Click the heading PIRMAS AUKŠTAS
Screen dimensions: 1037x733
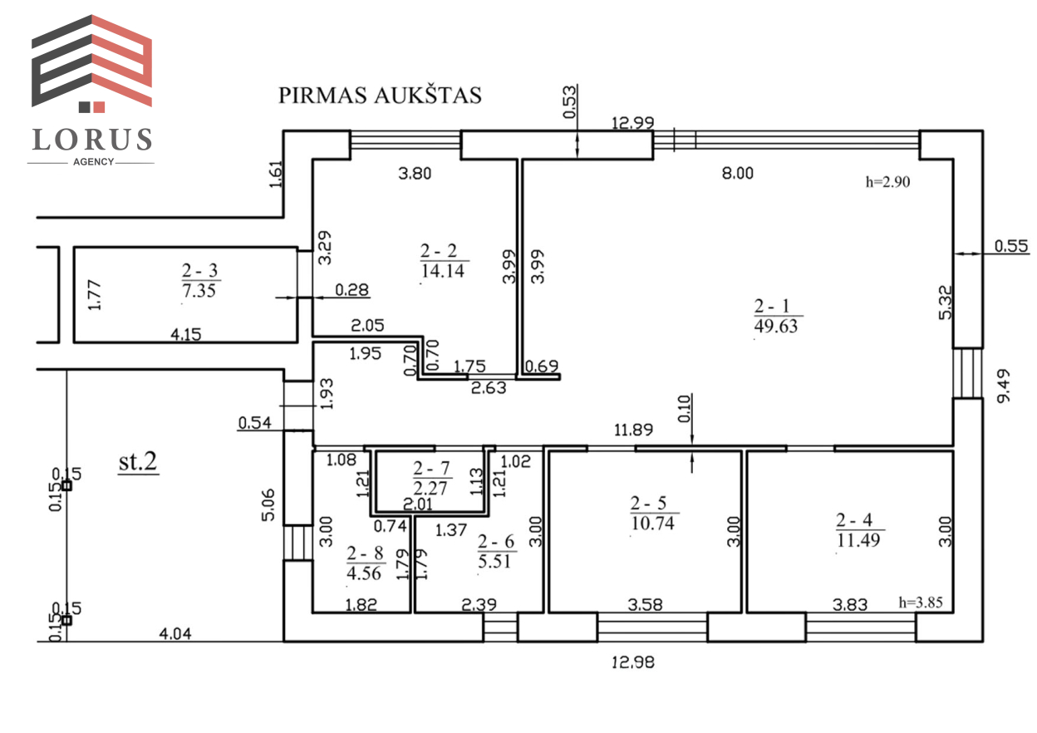point(380,95)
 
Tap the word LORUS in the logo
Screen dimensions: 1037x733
point(92,140)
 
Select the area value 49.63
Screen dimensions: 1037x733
point(776,326)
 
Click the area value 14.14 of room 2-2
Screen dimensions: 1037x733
point(443,270)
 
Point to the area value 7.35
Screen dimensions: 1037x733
point(199,290)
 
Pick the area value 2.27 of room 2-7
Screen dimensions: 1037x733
point(430,488)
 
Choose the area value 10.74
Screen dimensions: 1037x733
point(653,524)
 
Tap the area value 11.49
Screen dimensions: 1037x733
point(858,540)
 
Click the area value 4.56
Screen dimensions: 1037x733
point(364,573)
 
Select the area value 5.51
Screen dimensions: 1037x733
point(494,561)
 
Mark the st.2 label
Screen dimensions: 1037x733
point(138,461)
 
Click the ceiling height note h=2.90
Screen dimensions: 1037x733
point(888,182)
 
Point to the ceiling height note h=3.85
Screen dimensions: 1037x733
point(921,603)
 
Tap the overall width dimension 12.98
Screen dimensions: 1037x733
point(633,662)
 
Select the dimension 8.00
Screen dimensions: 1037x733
point(738,173)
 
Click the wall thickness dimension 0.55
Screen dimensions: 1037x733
point(1011,245)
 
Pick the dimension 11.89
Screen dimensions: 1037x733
point(633,430)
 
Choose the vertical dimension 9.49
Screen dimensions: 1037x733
point(1004,386)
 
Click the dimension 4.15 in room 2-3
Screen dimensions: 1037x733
point(186,334)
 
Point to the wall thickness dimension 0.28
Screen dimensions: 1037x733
point(351,290)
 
